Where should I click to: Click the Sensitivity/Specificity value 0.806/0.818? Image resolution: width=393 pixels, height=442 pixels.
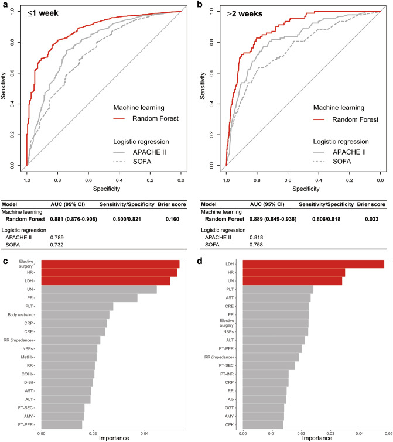327,219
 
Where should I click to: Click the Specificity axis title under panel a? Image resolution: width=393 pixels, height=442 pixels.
102,189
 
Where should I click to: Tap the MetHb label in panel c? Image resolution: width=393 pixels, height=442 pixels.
26,357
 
